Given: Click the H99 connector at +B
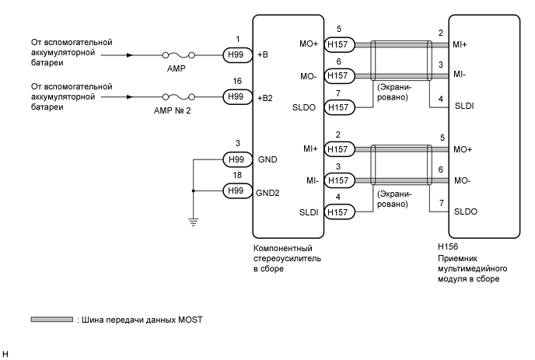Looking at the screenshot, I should tap(235, 55).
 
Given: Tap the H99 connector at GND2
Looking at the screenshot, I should tap(235, 190).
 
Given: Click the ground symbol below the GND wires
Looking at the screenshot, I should tap(191, 222).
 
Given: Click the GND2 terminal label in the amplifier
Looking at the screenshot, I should tap(270, 190).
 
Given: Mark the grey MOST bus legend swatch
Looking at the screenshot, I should tap(51, 320).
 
